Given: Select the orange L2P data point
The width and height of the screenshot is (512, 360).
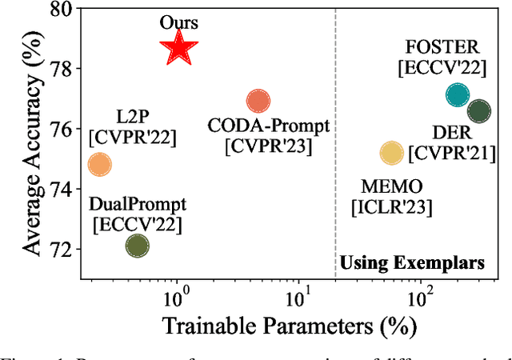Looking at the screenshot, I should [x=99, y=165].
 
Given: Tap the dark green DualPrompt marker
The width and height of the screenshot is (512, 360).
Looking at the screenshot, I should [x=138, y=246].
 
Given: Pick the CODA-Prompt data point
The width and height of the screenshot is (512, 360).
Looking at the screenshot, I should [x=258, y=101].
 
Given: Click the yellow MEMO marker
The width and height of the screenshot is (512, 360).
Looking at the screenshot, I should [x=391, y=153].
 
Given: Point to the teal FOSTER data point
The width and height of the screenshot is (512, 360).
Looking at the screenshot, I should [x=457, y=95].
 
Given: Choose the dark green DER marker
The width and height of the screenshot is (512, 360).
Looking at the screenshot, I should [x=478, y=112].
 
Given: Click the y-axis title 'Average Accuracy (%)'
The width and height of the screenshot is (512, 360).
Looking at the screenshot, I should [x=31, y=142].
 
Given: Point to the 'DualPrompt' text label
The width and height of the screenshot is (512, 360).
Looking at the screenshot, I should [x=138, y=205].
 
